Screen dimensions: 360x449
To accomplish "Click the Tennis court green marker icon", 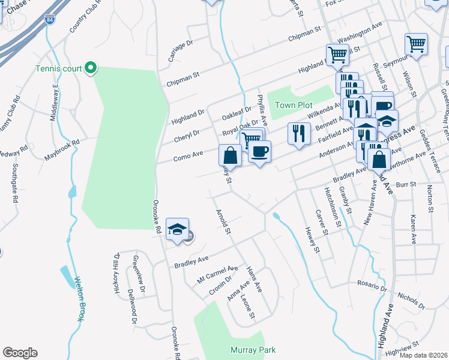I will click(x=91, y=68).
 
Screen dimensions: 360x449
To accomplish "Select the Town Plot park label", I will click(x=291, y=105).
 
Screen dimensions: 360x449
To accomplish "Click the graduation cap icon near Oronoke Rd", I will click(x=178, y=230).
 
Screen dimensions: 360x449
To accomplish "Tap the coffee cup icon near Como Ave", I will click(x=259, y=152).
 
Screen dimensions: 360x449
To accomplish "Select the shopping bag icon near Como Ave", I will click(x=231, y=157).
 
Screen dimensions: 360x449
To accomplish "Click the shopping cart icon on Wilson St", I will click(x=416, y=44).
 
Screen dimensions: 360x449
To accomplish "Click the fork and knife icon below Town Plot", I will click(x=299, y=134).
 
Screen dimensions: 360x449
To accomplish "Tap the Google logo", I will click(x=20, y=353).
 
